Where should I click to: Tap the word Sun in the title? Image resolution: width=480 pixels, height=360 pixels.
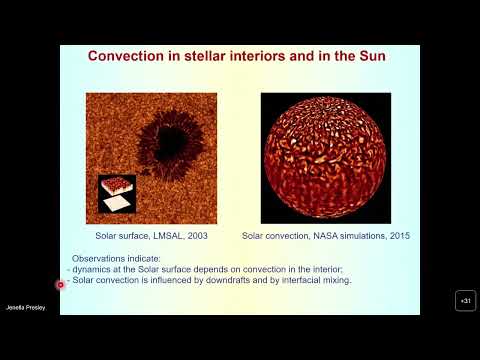(x=367, y=56)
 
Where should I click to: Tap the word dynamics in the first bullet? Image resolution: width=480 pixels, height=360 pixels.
(x=93, y=271)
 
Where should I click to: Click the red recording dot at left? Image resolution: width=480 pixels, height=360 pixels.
(x=60, y=285)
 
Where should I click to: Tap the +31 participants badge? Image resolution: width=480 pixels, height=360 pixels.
(x=465, y=301)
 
